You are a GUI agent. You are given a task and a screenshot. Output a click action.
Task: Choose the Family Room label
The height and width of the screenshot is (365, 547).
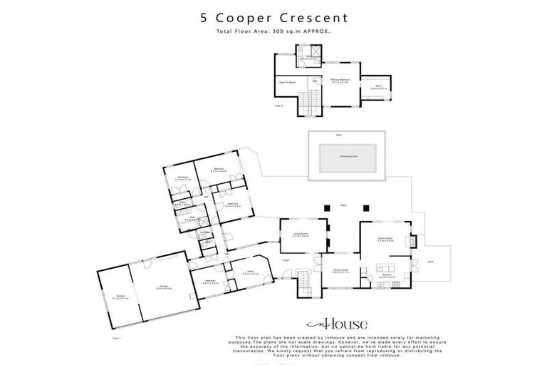[385, 240]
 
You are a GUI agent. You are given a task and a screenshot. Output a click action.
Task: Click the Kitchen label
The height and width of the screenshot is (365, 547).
[387, 275]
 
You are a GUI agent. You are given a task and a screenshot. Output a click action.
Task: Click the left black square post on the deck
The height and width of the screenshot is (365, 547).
[328, 208]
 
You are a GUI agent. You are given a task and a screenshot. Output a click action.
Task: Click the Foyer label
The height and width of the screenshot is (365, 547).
[286, 260]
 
